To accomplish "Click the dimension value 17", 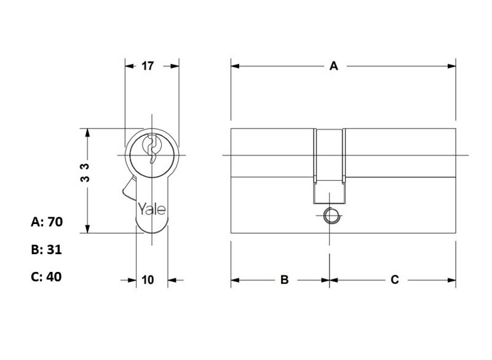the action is [x=148, y=66].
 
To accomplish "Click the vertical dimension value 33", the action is [x=85, y=173].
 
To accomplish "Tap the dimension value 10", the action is [x=148, y=279].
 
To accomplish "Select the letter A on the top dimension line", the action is [x=334, y=66].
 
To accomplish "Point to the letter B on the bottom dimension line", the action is [x=284, y=279].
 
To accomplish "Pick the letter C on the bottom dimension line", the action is [x=395, y=279].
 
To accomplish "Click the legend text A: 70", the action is [x=47, y=222].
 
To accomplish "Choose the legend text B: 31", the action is [x=47, y=250].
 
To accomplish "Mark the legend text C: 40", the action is [x=47, y=277].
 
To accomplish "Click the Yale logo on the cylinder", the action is [x=152, y=209].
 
